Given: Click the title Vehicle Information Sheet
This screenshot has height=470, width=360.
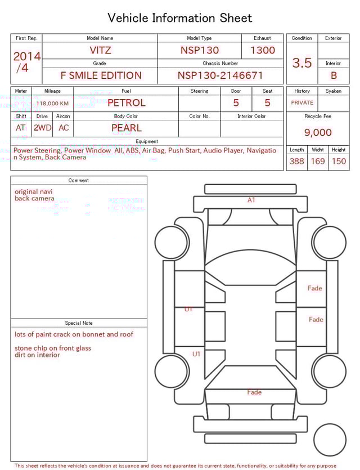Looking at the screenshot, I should pos(180,18).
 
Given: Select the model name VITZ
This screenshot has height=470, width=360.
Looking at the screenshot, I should pos(100,50).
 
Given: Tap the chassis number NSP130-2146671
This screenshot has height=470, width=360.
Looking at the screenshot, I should pos(220,75).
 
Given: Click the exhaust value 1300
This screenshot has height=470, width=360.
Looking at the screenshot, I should pos(263,50).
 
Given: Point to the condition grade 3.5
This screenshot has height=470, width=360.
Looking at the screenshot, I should pos(302,63).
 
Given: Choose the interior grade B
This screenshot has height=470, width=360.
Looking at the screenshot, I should pos(333,75).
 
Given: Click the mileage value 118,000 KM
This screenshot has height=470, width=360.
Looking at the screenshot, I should pos(52,104).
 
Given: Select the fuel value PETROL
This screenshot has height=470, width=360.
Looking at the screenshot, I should pos(126,103).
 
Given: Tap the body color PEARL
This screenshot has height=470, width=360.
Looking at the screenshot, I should pos(126,128).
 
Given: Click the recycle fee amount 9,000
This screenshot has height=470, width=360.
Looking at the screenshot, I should pos(318,133).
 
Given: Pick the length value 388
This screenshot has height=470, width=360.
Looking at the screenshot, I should pos(296,162).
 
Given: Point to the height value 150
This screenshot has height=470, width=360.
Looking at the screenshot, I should pos(339,162).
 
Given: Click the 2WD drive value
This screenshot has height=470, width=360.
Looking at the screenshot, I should pos(42,128).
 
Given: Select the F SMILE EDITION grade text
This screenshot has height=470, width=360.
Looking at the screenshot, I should pos(101,75).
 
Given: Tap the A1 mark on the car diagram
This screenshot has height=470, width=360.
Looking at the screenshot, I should pos(251,200).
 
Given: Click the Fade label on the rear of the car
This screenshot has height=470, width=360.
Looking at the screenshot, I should pos(254,392).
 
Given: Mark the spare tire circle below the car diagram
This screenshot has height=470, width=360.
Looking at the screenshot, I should pos(330,440).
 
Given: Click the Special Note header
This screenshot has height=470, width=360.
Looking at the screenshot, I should pos(79,323).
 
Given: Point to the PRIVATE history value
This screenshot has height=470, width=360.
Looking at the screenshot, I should pos(302,103).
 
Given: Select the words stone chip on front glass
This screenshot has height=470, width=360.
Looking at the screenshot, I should pos(53,348).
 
